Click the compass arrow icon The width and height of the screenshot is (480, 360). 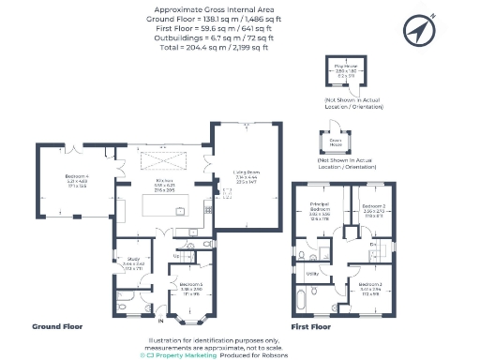tap(418, 31)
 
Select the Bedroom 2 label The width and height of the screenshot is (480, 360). tap(376, 211)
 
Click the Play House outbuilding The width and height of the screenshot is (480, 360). tap(349, 71)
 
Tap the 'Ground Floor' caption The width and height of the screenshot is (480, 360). tap(58, 327)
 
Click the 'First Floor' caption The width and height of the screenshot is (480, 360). tap(312, 327)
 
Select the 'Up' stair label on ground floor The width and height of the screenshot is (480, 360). tap(178, 253)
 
